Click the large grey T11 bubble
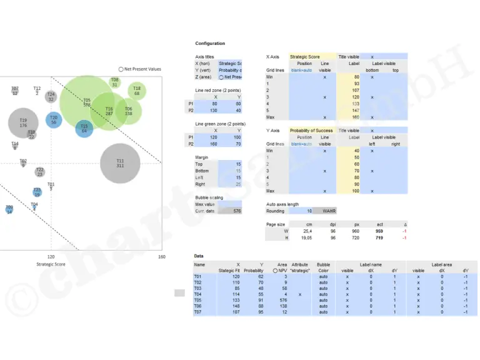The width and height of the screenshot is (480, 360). (120, 163)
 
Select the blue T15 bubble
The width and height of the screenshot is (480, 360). (84, 128)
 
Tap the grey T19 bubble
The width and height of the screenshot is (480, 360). (23, 122)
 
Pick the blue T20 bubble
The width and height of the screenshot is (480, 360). (54, 120)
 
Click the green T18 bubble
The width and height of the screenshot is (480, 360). (137, 91)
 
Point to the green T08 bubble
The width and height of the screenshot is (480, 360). (115, 82)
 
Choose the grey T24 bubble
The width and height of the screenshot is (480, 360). (51, 97)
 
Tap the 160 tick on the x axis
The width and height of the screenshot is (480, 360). (161, 257)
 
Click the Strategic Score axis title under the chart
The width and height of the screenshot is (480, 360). (51, 264)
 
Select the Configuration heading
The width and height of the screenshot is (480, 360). (210, 44)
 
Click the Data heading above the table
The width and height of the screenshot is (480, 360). (199, 256)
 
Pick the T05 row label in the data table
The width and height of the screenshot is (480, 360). (198, 300)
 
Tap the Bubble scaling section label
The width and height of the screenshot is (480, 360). (209, 197)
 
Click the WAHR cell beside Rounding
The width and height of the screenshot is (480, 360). (329, 211)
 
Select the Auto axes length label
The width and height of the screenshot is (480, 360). (282, 204)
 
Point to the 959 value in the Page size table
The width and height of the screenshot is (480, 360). (379, 231)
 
